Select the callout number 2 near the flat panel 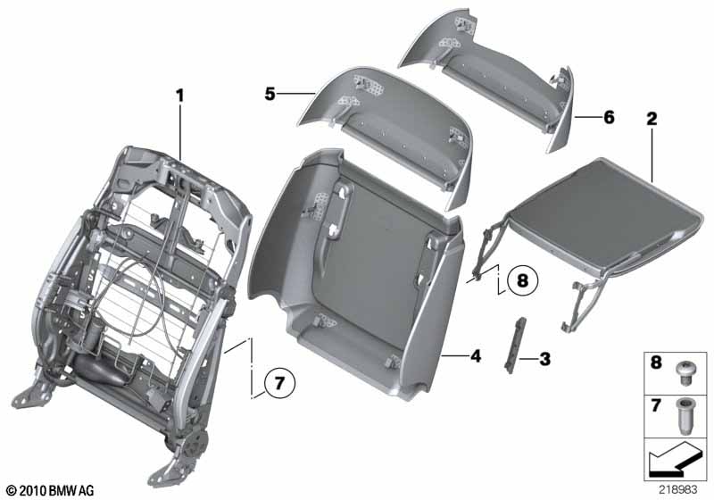point(652,116)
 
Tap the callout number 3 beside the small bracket point(544,359)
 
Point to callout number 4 point(476,355)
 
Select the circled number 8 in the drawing point(523,280)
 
